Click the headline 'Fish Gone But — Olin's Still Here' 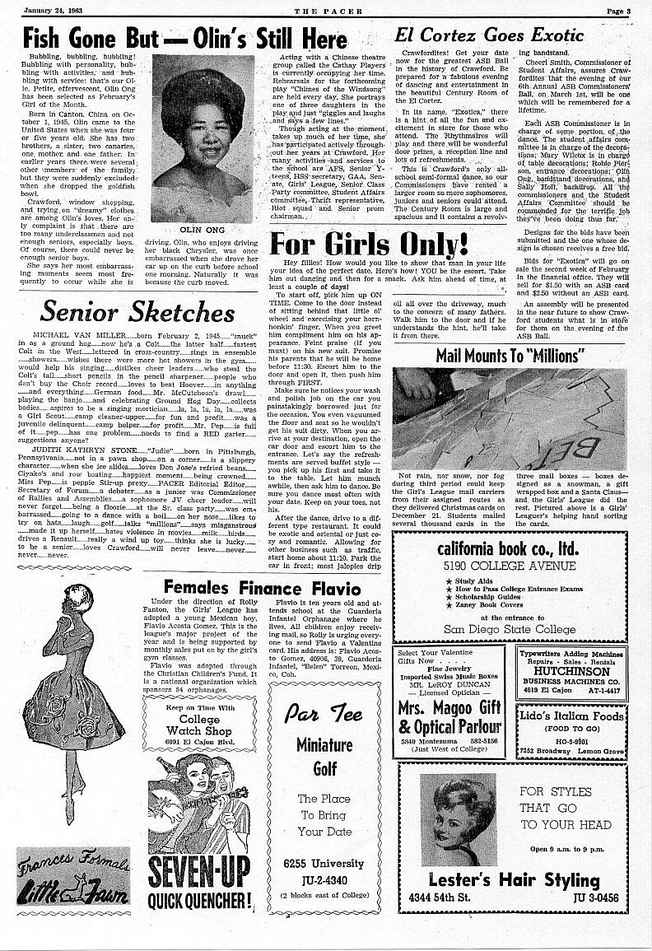[x=185, y=39]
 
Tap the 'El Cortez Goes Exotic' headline [x=489, y=35]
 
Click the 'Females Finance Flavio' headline [x=255, y=587]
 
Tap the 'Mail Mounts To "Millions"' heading [x=510, y=356]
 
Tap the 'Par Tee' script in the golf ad [x=324, y=713]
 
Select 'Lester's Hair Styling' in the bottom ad [x=515, y=880]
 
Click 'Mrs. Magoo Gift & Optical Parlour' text [x=449, y=717]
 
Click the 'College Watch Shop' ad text [x=194, y=725]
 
